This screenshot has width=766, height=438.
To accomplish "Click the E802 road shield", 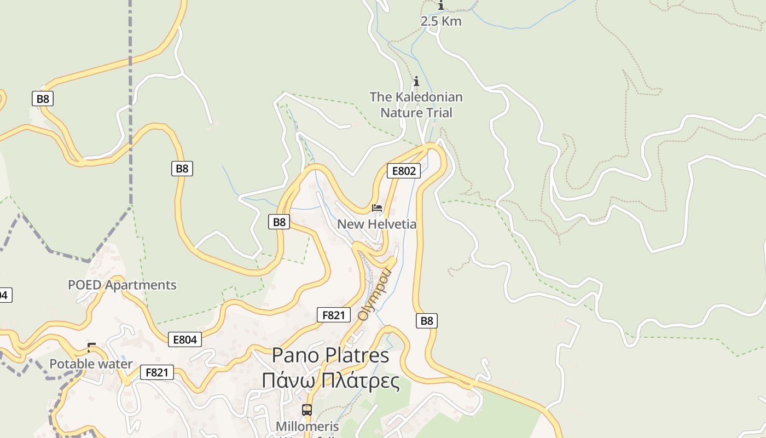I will click(x=404, y=171).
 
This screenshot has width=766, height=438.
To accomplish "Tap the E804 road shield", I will click(x=184, y=339).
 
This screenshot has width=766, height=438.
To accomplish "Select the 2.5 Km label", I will click(x=440, y=21).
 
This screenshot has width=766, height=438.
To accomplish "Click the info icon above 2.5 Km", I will click(x=441, y=5).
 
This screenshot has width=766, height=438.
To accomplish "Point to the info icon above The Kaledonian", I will click(x=416, y=82).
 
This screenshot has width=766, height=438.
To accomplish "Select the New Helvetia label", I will click(x=376, y=224).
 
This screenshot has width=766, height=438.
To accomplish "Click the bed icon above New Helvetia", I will click(x=376, y=208).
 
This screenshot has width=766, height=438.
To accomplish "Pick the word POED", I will click(x=85, y=285).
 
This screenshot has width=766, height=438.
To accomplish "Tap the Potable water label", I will click(x=91, y=364).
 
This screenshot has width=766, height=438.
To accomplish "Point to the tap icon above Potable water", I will click(x=91, y=347).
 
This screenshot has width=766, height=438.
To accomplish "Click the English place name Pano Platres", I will click(x=330, y=355).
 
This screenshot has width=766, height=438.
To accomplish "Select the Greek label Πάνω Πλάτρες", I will click(x=330, y=380).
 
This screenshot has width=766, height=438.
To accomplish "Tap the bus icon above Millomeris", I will click(x=307, y=410).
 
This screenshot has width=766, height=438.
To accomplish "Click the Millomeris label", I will click(x=307, y=426).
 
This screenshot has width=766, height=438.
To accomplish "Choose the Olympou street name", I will click(x=375, y=294).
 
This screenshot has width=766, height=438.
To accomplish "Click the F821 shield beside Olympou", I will click(x=333, y=315).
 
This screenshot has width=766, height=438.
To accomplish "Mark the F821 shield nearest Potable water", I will click(x=157, y=373).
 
